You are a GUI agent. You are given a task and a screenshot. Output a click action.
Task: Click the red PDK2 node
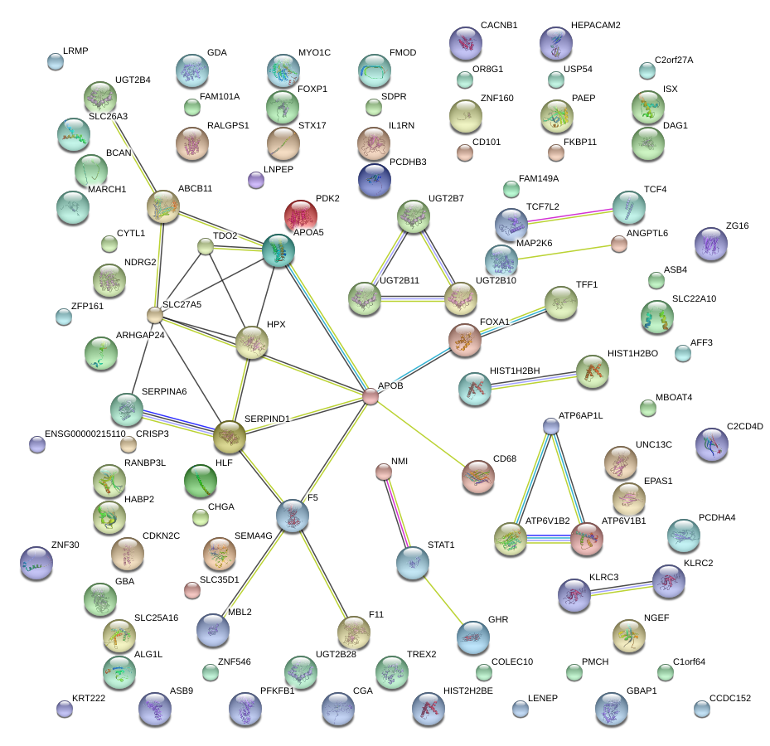[x=302, y=216]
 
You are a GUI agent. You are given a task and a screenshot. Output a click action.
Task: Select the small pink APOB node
[x=370, y=398]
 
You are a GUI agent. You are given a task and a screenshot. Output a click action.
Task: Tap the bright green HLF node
[x=200, y=481]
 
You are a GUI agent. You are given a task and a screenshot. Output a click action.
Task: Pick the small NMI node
[x=383, y=472]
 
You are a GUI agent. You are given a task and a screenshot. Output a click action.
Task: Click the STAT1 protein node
[x=413, y=563]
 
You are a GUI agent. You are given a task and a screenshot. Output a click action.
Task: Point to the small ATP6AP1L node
[x=551, y=426]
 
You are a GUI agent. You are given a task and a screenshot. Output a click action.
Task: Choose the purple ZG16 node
[x=711, y=244]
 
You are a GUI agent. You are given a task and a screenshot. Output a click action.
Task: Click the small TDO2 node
[x=206, y=246]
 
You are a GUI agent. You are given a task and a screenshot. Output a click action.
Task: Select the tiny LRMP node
[x=55, y=61]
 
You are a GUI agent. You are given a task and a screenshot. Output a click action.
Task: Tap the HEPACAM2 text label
[x=595, y=26]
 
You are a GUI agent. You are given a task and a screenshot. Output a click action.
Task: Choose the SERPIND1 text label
[x=267, y=419]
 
